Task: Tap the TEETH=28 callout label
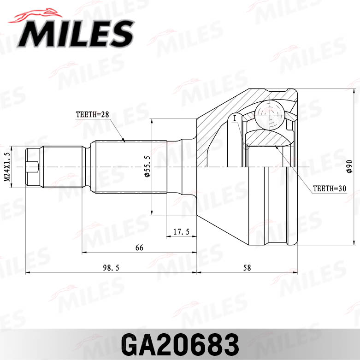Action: (92, 115)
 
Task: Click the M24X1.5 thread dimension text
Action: (7, 167)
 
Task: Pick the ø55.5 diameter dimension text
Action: (147, 167)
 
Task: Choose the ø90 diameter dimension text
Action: (348, 167)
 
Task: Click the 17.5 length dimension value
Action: (181, 231)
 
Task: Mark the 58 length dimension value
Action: (247, 268)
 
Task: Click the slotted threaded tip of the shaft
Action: (33, 166)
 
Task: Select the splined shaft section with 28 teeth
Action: (129, 166)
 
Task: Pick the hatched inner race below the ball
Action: (267, 138)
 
